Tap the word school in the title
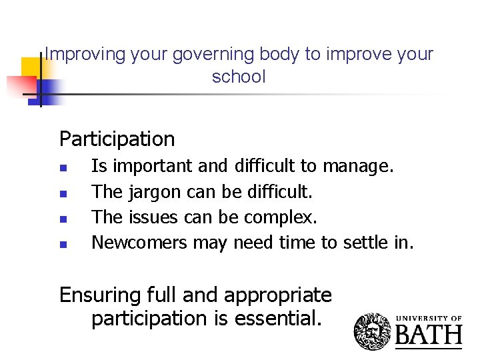click(x=239, y=77)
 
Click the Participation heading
click(x=117, y=139)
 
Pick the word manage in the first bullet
click(x=366, y=166)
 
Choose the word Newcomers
click(x=139, y=243)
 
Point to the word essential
click(x=278, y=319)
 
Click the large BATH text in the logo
click(x=429, y=333)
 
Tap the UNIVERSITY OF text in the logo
click(x=429, y=318)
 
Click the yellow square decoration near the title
click(x=31, y=67)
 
